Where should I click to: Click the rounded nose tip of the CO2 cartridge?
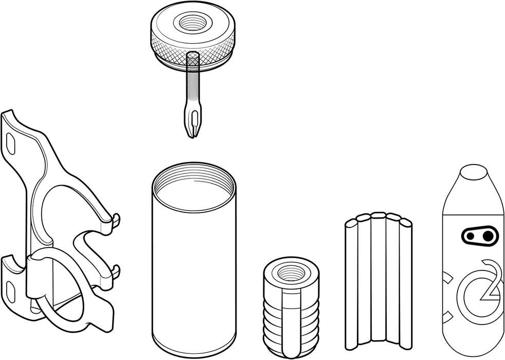[x=474, y=172]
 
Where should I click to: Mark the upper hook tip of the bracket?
[x=117, y=219]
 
